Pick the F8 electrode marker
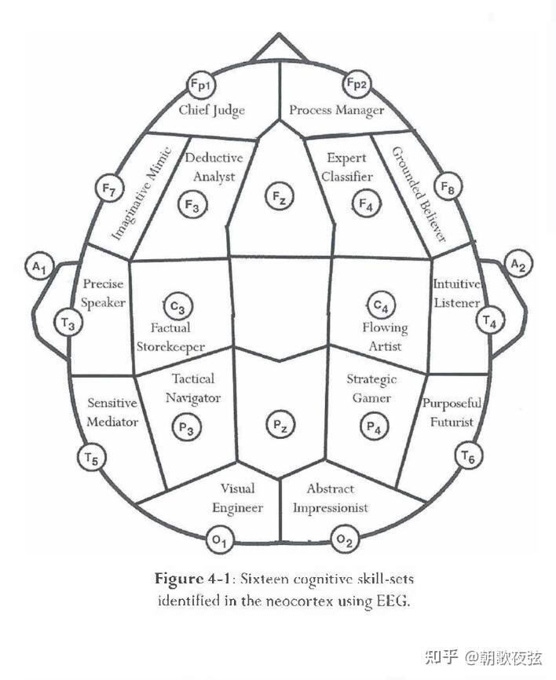pyautogui.click(x=449, y=189)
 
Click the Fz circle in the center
pyautogui.click(x=278, y=195)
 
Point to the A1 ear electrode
pyautogui.click(x=39, y=267)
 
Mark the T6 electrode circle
pyautogui.click(x=469, y=455)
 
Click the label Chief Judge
pyautogui.click(x=211, y=110)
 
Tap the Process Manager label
pyautogui.click(x=336, y=110)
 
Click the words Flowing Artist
pyautogui.click(x=385, y=336)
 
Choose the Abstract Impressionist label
pyautogui.click(x=331, y=498)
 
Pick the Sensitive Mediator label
pyautogui.click(x=112, y=412)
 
